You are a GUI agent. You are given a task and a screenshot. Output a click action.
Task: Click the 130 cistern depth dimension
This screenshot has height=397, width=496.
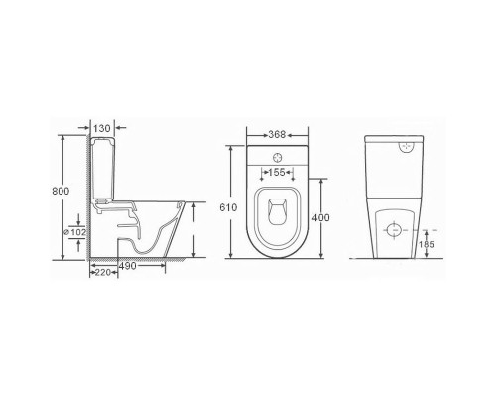102,128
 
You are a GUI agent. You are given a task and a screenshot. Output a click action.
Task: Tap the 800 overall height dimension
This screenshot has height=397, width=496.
61,191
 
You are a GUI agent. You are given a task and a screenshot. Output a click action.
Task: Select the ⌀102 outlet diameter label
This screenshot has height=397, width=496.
74,232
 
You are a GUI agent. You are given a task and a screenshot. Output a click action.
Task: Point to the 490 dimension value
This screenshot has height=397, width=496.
127,266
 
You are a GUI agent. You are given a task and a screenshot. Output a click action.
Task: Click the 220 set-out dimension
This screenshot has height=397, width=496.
102,273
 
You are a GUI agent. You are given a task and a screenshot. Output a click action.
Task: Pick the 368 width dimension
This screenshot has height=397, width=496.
277,134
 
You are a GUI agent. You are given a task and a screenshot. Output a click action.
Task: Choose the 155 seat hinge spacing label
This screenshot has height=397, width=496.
277,172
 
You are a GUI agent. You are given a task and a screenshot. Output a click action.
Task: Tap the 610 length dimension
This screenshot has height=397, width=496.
228,207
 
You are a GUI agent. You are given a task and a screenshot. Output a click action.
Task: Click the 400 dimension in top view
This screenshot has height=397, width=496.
320,217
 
